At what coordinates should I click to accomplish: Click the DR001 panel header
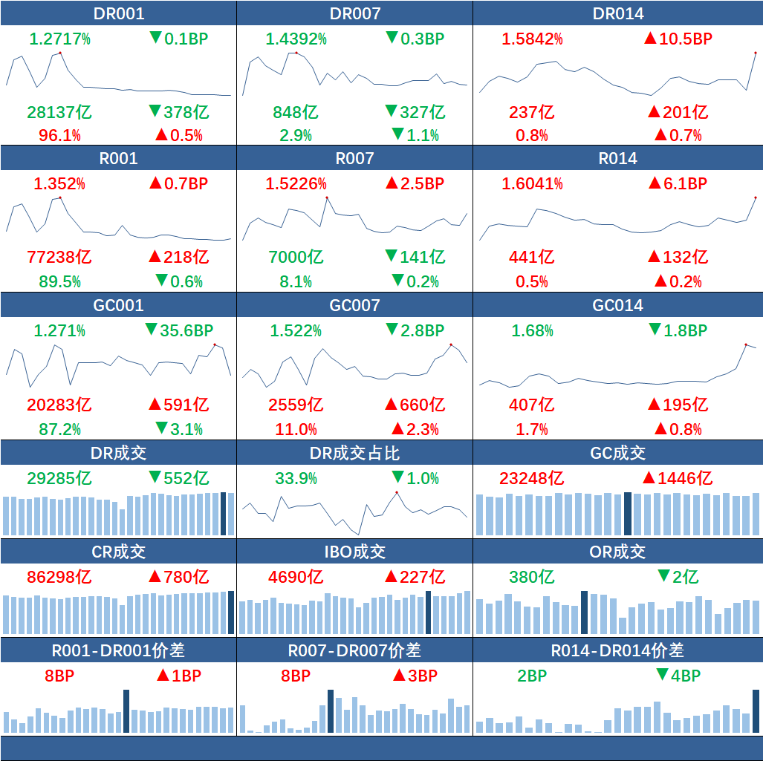coord(119,13)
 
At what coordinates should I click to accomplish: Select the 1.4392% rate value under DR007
coord(296,39)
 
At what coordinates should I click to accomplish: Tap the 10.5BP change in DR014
coord(678,39)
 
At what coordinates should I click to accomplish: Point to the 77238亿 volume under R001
coord(59,257)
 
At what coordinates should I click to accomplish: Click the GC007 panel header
coord(354,305)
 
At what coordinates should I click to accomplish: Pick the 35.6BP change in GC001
coord(178,330)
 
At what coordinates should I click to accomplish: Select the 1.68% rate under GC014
coord(532,330)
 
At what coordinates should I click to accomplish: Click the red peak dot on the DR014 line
coord(755,53)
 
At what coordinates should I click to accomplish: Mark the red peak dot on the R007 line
coord(326,197)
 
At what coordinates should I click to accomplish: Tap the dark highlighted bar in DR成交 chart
coord(224,514)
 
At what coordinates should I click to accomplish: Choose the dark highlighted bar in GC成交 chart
coord(628,514)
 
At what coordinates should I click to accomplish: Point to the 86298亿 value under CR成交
coord(59,577)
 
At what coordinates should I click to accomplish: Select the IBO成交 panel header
coord(354,552)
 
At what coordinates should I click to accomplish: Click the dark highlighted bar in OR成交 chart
coord(584,613)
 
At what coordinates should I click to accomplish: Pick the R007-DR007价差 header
coord(354,650)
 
